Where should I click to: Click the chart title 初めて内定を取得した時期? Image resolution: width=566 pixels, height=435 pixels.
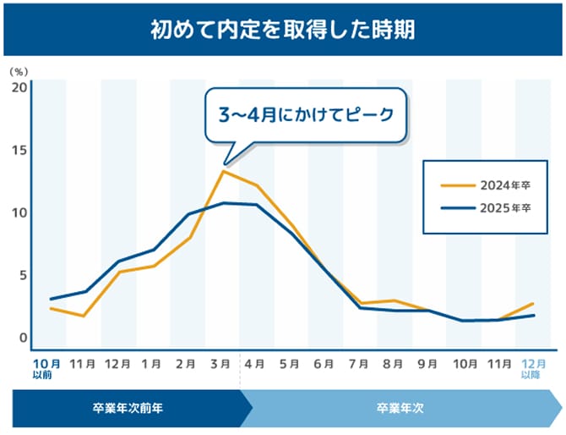point(282,30)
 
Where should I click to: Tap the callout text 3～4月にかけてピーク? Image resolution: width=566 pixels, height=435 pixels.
point(307,113)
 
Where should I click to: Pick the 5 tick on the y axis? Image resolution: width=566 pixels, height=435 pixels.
point(23,275)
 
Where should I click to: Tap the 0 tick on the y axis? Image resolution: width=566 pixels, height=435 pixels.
point(23,338)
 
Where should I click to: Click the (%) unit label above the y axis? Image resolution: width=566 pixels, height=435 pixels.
point(19,72)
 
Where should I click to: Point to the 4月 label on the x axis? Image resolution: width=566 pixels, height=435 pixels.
point(255,364)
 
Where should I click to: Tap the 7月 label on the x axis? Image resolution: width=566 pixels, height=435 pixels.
point(359,364)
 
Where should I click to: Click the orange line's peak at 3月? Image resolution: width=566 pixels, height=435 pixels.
point(223,171)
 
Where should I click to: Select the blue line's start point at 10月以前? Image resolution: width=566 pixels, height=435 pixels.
point(51,299)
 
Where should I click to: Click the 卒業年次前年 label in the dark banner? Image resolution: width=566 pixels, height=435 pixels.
point(128,408)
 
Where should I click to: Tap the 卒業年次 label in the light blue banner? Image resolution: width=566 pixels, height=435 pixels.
point(400,408)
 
